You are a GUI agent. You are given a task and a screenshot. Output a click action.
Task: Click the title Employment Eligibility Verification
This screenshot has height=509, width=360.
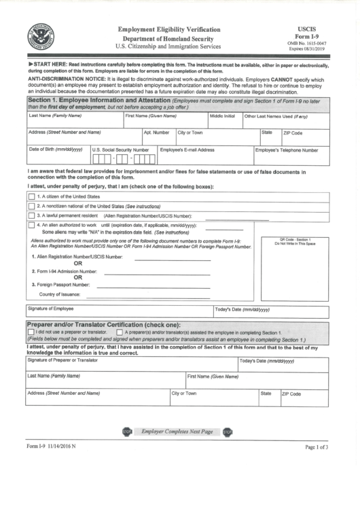pyautogui.click(x=169, y=30)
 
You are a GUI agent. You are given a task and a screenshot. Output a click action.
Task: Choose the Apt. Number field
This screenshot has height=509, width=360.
pyautogui.click(x=158, y=137)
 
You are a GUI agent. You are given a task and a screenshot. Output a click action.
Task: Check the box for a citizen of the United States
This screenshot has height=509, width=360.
pyautogui.click(x=31, y=196)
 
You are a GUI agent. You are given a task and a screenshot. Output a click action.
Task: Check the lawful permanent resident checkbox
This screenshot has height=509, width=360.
pyautogui.click(x=31, y=215)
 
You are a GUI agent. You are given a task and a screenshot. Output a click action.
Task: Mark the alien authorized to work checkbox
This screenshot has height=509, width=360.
pyautogui.click(x=31, y=225)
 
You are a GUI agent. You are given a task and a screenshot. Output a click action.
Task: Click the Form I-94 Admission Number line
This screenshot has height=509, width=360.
pyautogui.click(x=162, y=273)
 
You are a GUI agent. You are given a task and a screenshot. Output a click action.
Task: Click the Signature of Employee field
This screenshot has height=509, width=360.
pyautogui.click(x=119, y=313)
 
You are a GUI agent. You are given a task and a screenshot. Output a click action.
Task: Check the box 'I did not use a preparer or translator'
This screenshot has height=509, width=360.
pyautogui.click(x=31, y=332)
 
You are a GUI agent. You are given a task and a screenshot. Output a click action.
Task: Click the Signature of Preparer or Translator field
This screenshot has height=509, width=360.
pyautogui.click(x=131, y=364)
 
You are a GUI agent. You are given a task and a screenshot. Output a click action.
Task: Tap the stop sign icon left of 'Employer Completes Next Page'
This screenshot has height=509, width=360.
pyautogui.click(x=126, y=432)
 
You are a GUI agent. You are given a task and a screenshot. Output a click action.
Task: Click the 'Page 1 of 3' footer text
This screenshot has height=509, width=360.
pyautogui.click(x=316, y=466)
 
